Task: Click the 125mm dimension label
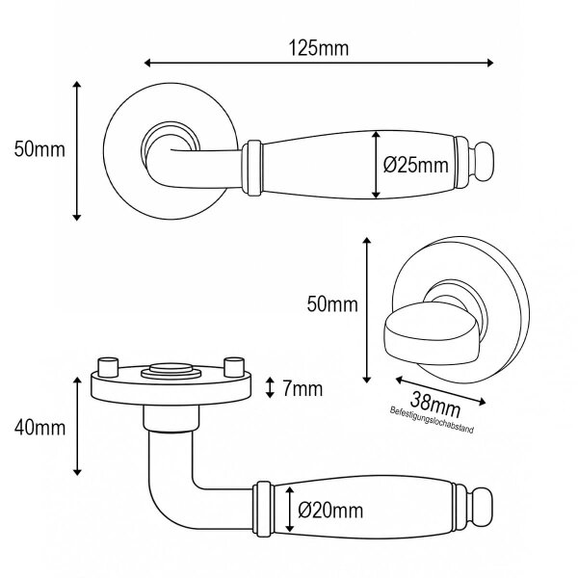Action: click(x=318, y=48)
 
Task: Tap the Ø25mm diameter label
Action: click(x=416, y=165)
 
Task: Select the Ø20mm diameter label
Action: click(x=330, y=511)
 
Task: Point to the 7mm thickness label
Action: click(x=302, y=389)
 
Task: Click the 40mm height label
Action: click(x=39, y=428)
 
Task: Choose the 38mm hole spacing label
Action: click(x=435, y=404)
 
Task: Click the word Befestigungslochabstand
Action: click(x=432, y=420)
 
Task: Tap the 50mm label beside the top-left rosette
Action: click(x=39, y=149)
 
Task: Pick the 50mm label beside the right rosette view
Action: click(x=332, y=304)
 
